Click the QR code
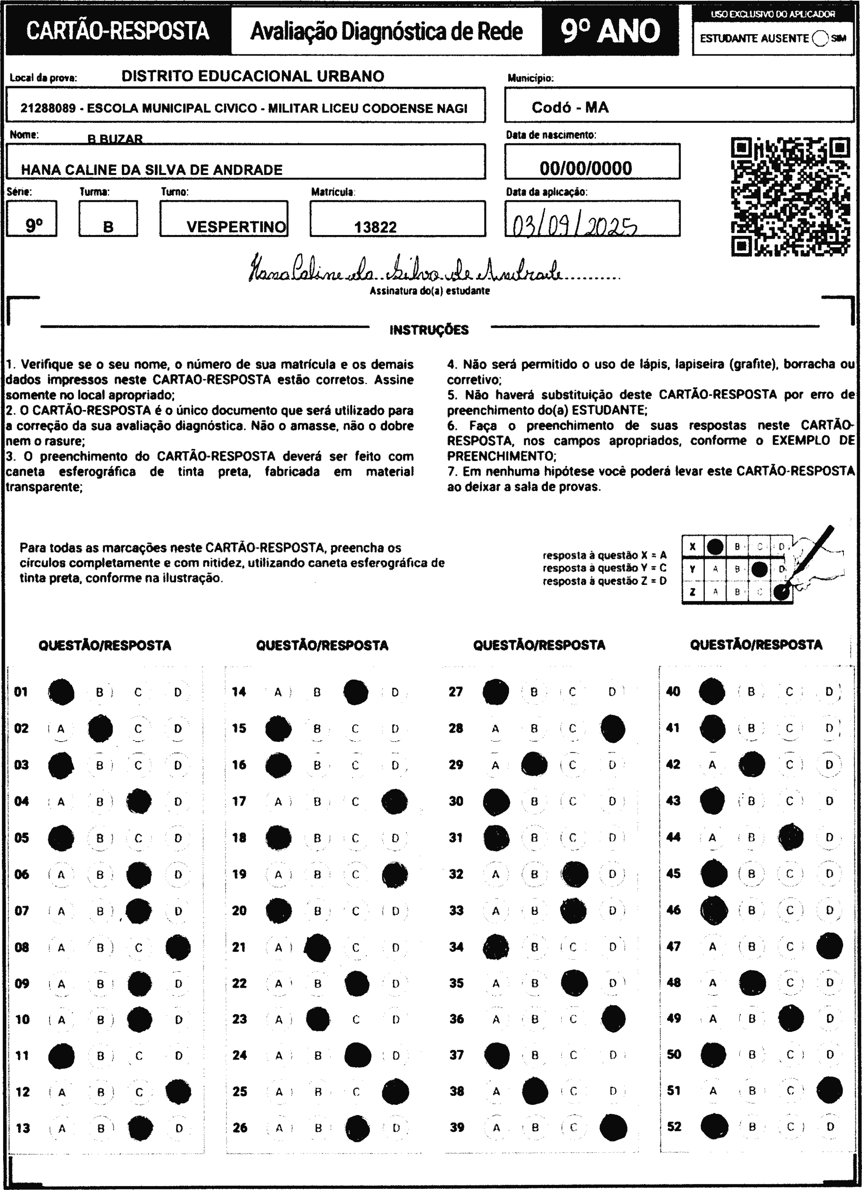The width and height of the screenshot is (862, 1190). (790, 197)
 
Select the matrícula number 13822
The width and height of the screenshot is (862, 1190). (375, 227)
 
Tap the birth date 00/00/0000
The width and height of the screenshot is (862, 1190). (586, 168)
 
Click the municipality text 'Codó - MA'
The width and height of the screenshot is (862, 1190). (570, 108)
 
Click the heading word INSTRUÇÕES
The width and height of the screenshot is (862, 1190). (429, 330)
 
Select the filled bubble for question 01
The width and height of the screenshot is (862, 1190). (62, 692)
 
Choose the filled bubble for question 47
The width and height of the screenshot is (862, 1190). (829, 946)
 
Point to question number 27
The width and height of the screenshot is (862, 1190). (455, 692)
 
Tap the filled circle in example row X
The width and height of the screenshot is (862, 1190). (715, 547)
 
